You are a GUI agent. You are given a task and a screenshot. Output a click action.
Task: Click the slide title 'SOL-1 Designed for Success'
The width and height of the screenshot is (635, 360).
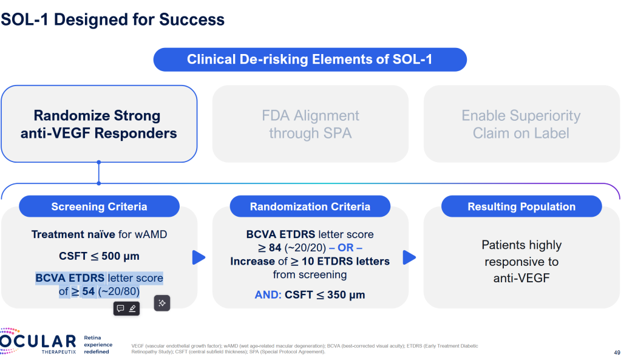click(113, 19)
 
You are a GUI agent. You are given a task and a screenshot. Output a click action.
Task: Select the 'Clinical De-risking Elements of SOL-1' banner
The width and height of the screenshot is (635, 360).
click(310, 59)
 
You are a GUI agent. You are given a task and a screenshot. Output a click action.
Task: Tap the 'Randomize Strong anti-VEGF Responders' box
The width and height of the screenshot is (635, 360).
click(99, 124)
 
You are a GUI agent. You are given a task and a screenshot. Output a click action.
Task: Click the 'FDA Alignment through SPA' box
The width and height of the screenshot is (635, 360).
click(310, 124)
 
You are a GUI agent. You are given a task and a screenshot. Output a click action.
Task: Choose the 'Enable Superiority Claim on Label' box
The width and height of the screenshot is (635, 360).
click(521, 124)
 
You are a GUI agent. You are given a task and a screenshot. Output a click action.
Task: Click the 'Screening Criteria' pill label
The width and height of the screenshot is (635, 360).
click(99, 207)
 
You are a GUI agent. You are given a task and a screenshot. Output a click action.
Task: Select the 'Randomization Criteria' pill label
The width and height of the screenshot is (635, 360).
click(310, 207)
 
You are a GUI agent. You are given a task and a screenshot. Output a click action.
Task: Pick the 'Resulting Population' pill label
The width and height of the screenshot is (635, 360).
click(521, 207)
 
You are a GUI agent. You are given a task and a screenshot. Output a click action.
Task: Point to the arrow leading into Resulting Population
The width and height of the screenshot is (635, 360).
click(409, 257)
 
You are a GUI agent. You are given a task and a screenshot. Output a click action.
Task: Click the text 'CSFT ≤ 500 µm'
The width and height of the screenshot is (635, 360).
click(99, 256)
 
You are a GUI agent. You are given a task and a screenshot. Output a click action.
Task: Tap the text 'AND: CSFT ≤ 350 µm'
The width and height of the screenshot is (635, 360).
click(310, 296)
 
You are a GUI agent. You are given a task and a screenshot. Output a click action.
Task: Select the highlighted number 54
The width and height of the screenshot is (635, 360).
click(89, 291)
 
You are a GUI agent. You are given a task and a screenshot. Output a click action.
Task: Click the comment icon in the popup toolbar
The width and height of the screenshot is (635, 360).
click(120, 308)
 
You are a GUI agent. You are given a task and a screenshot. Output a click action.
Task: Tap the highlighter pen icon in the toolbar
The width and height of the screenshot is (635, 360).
click(132, 308)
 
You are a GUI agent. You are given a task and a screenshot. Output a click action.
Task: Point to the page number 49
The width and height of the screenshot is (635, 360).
click(617, 352)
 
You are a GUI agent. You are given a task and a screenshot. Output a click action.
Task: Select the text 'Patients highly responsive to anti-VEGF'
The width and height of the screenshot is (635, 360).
click(521, 262)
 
